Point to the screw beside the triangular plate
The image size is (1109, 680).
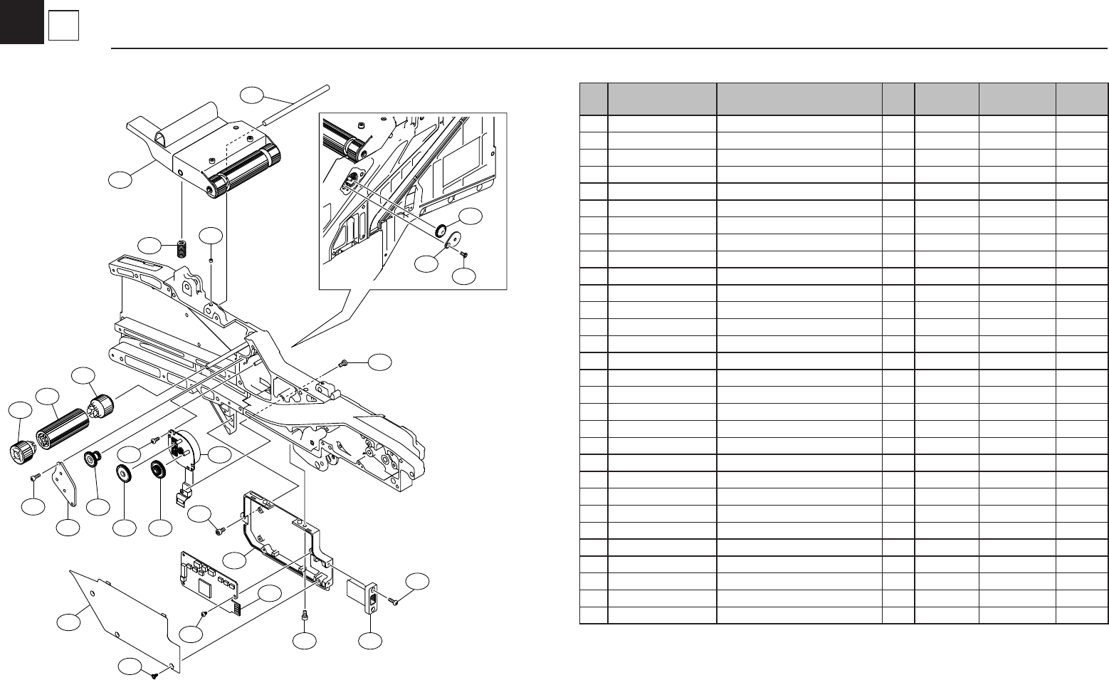tap(35, 476)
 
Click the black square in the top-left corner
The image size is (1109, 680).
tap(21, 22)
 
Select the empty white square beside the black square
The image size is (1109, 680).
tap(63, 27)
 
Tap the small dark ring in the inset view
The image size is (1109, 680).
tap(441, 229)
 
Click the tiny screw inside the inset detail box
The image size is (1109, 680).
tap(463, 253)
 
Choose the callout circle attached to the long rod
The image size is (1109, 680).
tap(251, 95)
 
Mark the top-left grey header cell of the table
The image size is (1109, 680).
tap(593, 99)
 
